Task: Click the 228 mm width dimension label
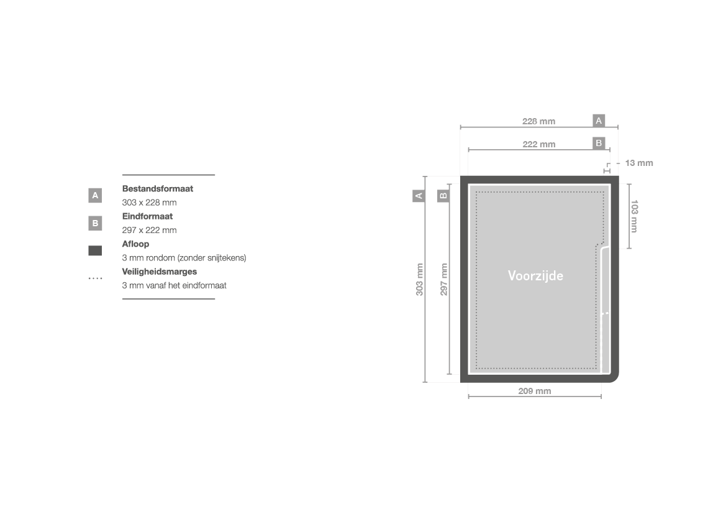pos(538,121)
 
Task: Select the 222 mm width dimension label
pos(539,144)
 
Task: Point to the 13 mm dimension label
pos(639,163)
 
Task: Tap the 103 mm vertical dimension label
pos(634,216)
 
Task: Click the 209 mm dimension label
pos(535,391)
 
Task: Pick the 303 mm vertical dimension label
pos(419,280)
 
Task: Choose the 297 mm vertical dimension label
pos(443,280)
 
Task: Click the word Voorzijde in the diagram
pos(536,276)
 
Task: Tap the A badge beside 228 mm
pos(599,121)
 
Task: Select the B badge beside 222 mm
pos(599,143)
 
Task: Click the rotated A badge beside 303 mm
pos(419,196)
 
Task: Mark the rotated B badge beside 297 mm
pos(443,196)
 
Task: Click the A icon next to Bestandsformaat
pos(95,196)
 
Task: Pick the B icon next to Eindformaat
pos(95,223)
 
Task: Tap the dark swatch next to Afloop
pos(95,250)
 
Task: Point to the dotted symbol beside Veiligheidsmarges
pos(96,278)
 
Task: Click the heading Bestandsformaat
pos(157,189)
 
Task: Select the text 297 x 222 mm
pos(149,230)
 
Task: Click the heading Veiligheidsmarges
pos(159,272)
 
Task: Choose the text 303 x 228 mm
pos(149,203)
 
